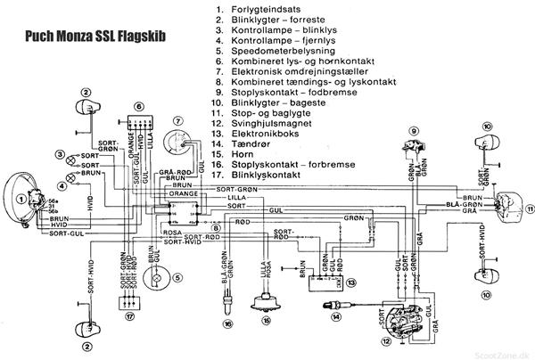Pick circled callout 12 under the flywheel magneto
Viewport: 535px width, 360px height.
pos(386,340)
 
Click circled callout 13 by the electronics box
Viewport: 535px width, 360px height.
pos(351,282)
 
